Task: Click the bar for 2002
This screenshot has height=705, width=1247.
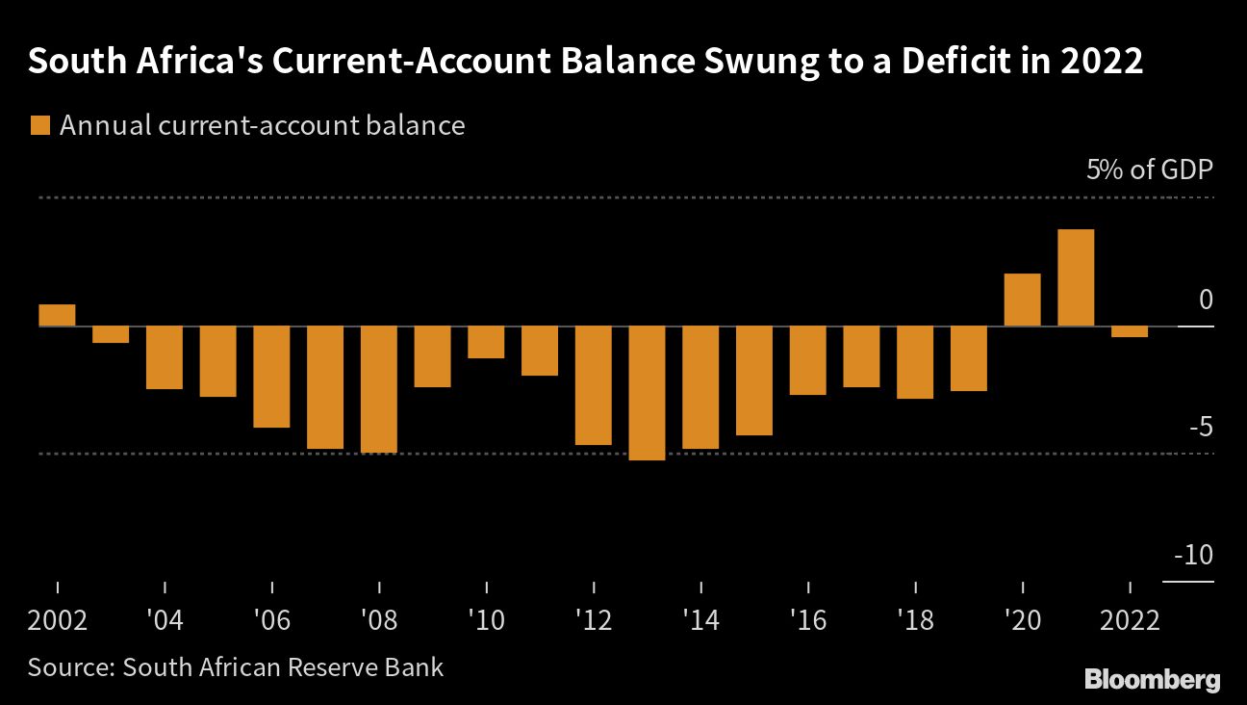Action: coord(57,315)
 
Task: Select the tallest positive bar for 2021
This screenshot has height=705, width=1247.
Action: coord(1076,278)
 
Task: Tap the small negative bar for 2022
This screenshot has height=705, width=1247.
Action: coord(1130,332)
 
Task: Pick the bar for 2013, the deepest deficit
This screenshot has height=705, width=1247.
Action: coord(647,393)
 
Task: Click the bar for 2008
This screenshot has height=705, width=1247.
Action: coord(379,389)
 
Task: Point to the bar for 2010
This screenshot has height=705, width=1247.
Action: coord(486,343)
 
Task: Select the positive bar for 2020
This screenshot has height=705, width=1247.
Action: coord(1022,300)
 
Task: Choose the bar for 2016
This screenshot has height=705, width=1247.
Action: coord(808,360)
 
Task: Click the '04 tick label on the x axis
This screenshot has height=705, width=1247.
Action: coord(165,619)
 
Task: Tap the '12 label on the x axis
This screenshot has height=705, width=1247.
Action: coord(595,619)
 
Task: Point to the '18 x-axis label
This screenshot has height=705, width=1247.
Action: coord(915,619)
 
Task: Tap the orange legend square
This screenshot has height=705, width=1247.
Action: coord(40,126)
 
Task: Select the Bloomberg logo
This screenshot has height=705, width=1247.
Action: coord(1152,679)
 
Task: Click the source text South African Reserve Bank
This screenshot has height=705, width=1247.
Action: coord(283,666)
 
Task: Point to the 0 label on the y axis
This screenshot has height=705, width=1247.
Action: coord(1206,300)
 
